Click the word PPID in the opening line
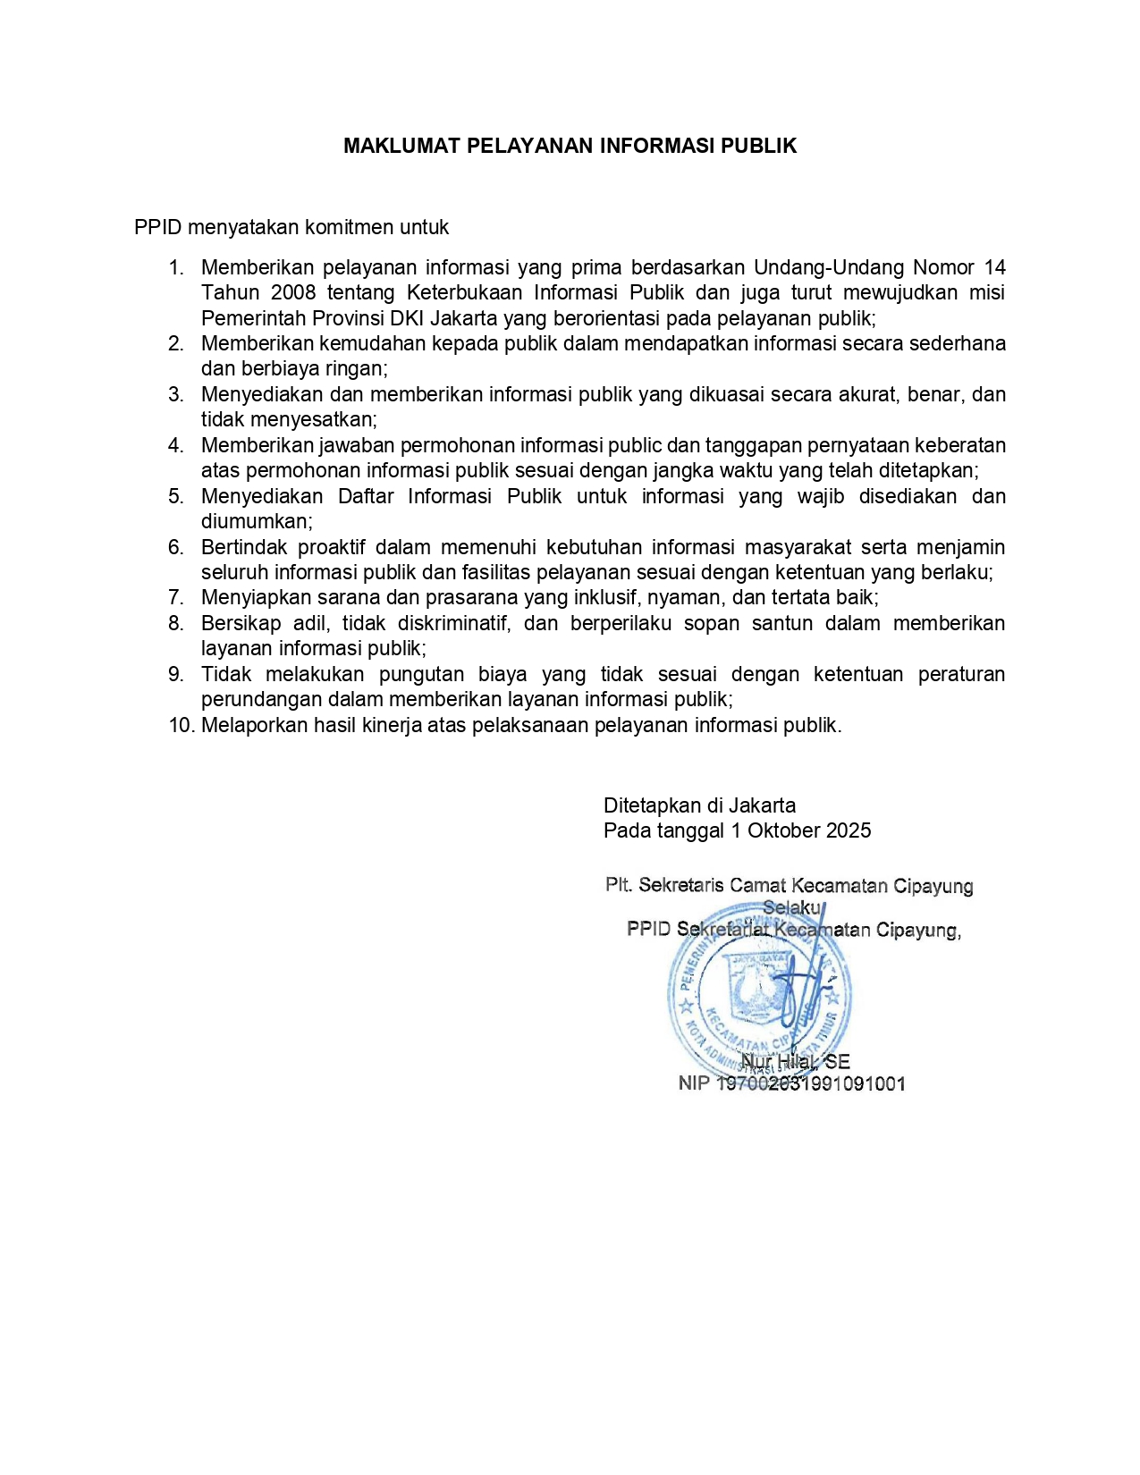157,227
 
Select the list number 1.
176,267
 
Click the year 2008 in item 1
293,292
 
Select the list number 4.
176,445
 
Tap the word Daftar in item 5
366,496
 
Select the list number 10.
182,725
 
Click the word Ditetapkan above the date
652,805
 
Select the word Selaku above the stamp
792,907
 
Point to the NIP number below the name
811,1083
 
